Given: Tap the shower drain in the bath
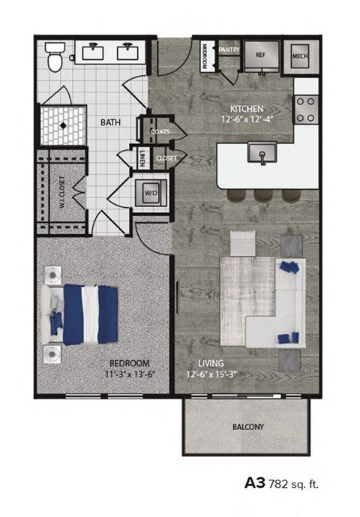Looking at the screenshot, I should click(61, 126).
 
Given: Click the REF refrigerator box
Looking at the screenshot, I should click(261, 56).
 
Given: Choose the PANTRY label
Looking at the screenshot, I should click(228, 50).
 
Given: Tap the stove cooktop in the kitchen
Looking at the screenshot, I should click(306, 110).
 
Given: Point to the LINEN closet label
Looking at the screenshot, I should click(142, 158).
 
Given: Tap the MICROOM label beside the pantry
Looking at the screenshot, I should click(203, 57).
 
